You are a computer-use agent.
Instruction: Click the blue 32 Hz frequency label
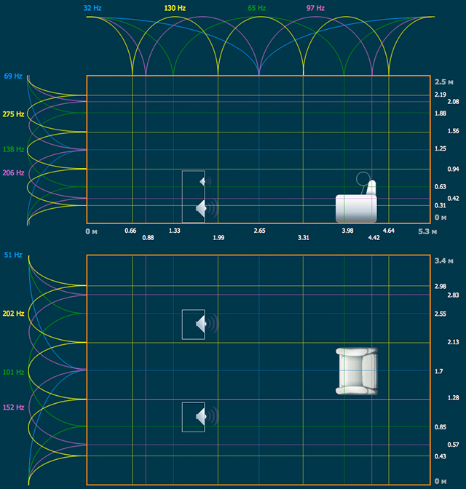point(92,8)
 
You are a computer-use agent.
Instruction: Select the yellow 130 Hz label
point(175,8)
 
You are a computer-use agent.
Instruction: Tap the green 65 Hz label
point(256,8)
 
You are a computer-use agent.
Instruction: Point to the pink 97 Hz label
point(315,8)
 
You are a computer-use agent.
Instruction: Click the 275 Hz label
point(13,114)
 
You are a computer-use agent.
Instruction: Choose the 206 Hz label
point(13,172)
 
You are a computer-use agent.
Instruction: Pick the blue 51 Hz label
point(13,255)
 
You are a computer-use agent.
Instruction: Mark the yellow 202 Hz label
point(13,314)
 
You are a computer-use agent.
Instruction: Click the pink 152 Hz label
point(13,407)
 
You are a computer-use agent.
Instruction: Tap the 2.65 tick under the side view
point(260,231)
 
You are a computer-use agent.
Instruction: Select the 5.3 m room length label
point(427,231)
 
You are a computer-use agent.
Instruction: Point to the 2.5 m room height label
point(444,82)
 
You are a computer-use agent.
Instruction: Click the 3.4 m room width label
point(444,261)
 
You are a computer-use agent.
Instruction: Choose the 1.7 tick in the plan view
point(439,371)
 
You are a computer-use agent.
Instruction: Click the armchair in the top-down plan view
point(357,371)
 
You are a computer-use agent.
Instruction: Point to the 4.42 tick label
point(374,238)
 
